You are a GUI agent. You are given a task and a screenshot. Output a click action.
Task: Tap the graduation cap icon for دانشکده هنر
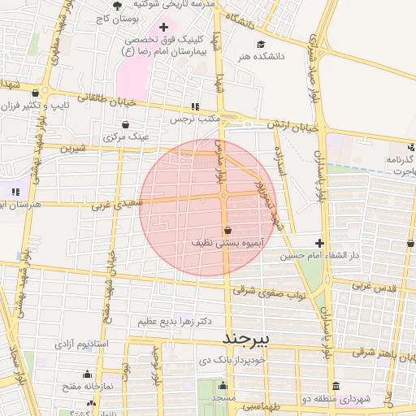[261, 44]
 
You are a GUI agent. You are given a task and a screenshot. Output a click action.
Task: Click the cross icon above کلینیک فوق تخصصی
[163, 27]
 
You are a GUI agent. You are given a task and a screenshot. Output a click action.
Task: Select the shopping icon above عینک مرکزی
[127, 125]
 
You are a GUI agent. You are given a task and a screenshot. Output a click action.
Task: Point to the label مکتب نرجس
[196, 119]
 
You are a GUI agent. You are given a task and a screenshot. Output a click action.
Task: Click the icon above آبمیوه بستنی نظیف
[227, 230]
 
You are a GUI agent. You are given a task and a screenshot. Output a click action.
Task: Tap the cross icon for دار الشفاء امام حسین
[319, 243]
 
